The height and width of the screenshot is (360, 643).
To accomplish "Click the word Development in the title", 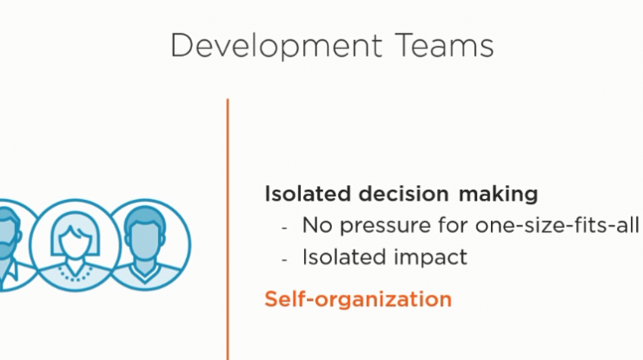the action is point(276,46).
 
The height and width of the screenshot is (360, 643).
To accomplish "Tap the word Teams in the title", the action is point(445,45).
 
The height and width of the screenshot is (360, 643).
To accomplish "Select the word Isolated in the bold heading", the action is point(308,194).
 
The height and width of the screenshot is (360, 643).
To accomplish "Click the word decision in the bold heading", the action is point(403,194).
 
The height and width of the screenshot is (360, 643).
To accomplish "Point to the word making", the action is point(498,194).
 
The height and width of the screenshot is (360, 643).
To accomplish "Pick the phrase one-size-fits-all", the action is point(557,225).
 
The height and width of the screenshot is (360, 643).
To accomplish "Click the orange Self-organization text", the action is point(358,299).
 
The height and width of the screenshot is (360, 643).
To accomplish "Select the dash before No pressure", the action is point(285,227).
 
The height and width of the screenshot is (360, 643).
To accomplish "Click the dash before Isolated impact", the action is point(285,259).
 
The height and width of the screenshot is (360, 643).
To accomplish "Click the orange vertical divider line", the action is point(228,229).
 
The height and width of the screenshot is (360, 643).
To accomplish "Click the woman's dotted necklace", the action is point(75,274).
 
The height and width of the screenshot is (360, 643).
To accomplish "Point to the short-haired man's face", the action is point(145,243).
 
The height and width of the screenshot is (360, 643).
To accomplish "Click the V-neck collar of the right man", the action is point(144,274).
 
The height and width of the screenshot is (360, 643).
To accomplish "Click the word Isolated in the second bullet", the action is point(344,257).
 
